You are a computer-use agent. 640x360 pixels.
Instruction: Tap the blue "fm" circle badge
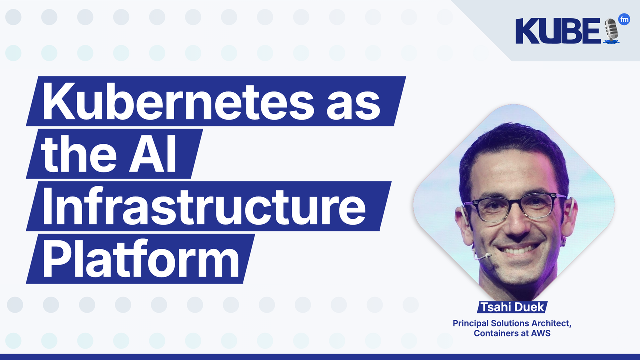624,19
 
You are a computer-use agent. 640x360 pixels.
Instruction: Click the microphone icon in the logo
611,31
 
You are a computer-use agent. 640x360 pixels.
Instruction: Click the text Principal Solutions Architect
512,323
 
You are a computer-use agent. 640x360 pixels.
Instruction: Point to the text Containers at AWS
512,333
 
